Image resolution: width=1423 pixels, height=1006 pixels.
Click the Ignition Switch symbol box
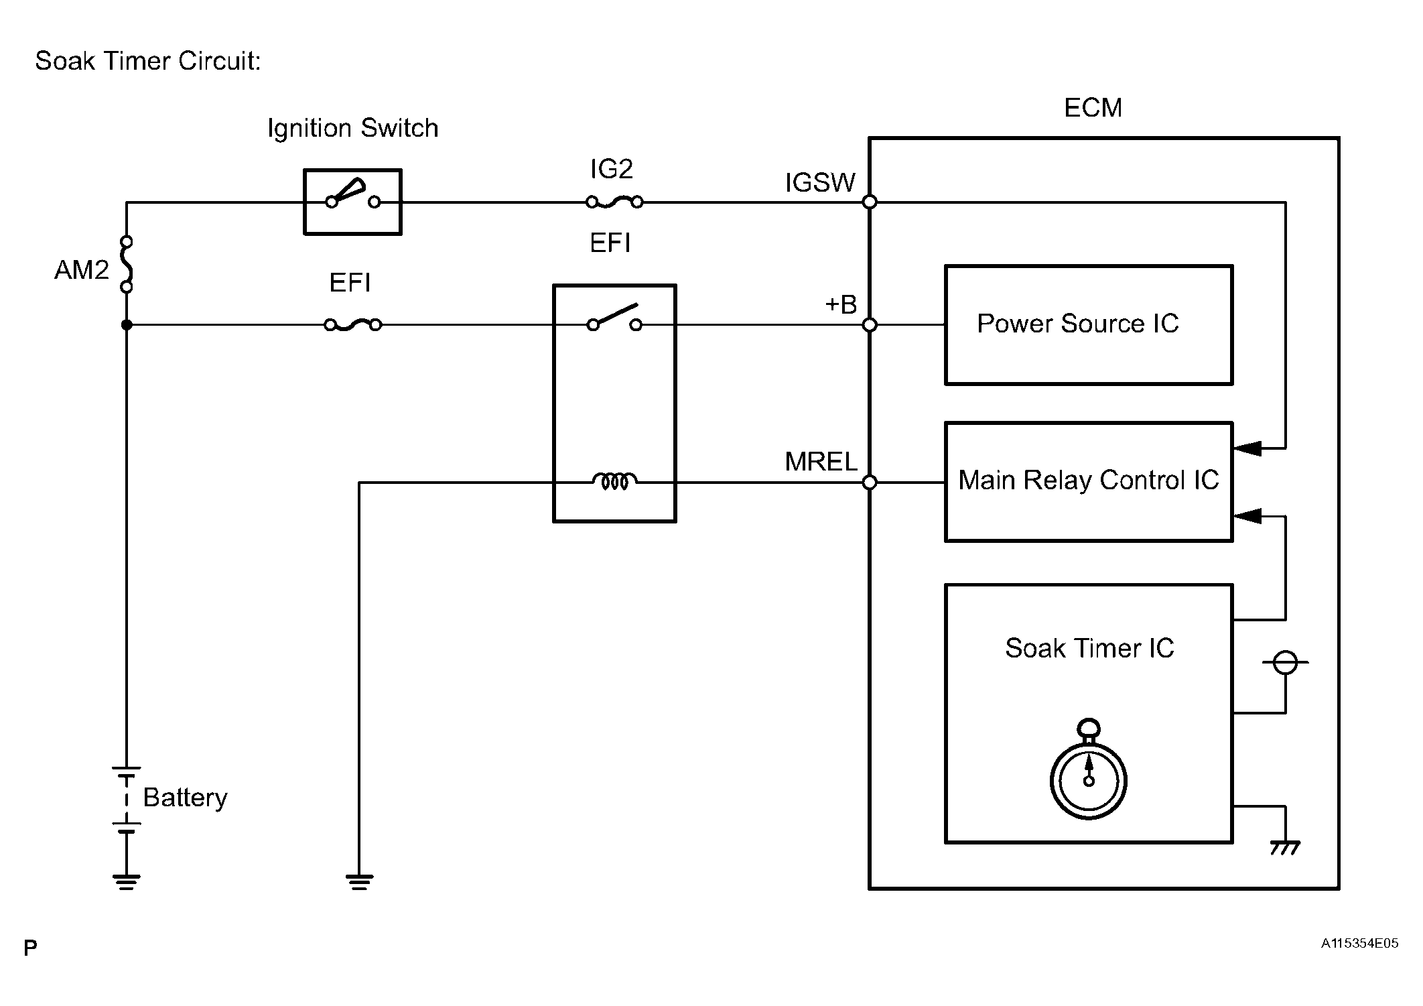coord(352,202)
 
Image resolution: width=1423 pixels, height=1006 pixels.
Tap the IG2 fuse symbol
coord(614,201)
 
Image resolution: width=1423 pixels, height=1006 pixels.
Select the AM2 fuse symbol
coord(126,264)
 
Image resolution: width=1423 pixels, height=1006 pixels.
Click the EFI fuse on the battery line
coord(353,325)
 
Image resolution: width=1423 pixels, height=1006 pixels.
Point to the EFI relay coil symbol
coord(614,481)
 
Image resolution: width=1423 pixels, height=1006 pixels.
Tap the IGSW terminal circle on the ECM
coord(870,202)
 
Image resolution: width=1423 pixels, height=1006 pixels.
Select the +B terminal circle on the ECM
coord(870,325)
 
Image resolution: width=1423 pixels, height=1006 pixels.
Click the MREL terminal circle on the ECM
coord(870,482)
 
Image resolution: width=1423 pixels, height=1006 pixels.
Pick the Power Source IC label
coord(1077,324)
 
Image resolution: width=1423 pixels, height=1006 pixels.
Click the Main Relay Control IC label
coord(1088,481)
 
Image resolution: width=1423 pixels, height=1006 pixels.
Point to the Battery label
coord(185,798)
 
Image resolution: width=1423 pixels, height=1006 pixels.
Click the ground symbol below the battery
coord(127,881)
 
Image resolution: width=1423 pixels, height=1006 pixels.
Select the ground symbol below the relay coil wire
coord(359,881)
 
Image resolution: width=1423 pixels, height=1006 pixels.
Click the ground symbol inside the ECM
coord(1284,848)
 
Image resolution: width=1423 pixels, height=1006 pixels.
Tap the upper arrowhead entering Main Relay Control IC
coord(1247,448)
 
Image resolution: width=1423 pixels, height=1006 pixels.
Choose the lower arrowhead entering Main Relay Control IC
coord(1247,516)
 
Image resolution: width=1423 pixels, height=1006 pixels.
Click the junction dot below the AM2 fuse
coord(127,325)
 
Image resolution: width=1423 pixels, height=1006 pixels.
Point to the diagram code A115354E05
coord(1359,944)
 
